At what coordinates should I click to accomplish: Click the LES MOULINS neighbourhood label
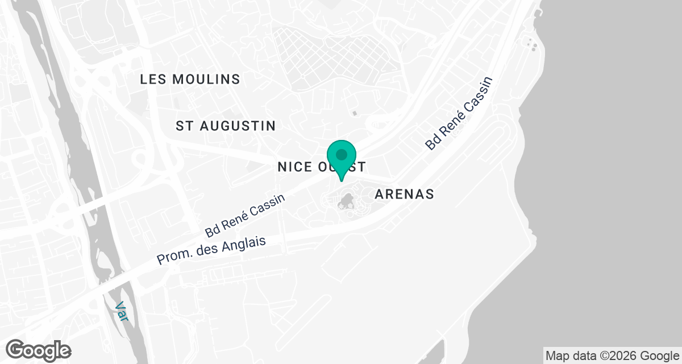pos(190,80)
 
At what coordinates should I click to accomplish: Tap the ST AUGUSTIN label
pos(226,126)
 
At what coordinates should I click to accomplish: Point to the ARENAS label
pos(405,195)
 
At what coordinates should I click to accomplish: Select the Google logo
pos(39,350)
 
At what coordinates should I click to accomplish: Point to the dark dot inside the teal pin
pos(342,154)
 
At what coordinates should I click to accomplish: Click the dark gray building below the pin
pos(346,200)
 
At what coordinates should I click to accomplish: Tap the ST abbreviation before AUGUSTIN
pos(183,126)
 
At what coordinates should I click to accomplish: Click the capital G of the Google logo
pos(15,350)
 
